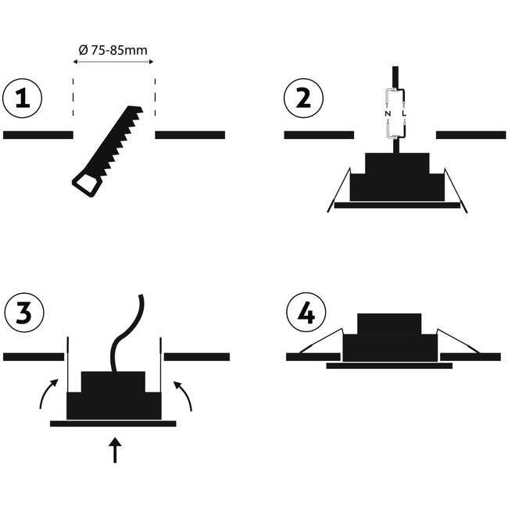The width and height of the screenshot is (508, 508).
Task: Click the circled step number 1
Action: [22, 98]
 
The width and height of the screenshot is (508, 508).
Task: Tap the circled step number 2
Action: [303, 98]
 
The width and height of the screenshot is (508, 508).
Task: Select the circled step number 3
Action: [24, 313]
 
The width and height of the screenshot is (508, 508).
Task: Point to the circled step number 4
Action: [306, 313]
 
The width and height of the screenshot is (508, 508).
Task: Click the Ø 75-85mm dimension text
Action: [113, 50]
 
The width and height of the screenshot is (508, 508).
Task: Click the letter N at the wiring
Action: [388, 114]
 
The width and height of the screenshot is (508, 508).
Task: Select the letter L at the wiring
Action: [404, 114]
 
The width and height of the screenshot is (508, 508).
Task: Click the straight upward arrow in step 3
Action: [115, 450]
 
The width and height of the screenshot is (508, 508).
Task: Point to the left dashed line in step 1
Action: [73, 97]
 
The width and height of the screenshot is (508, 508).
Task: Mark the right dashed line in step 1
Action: [155, 97]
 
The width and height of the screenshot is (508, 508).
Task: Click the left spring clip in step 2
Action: [339, 190]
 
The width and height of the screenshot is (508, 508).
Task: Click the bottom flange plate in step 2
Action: [397, 206]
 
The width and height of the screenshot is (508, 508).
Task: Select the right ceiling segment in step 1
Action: [190, 135]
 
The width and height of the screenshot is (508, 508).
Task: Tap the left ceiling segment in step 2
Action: [319, 135]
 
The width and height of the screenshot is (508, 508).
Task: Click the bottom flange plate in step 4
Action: [389, 366]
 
